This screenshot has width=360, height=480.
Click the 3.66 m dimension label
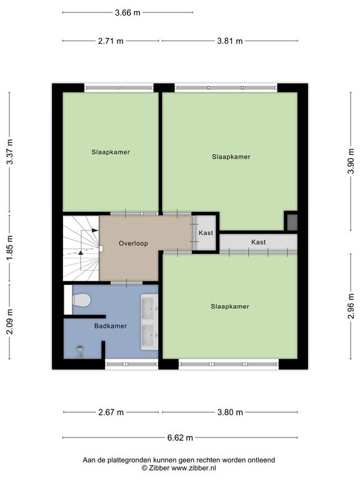[127, 12]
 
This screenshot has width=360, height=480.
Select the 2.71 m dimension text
[111, 41]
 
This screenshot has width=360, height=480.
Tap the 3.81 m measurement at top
[230, 41]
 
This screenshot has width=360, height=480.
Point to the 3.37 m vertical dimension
[10, 151]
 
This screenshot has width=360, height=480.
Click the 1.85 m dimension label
[10, 248]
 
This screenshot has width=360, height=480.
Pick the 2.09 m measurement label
[10, 321]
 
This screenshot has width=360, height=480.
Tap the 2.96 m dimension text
[351, 306]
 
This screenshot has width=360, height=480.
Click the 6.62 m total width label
[180, 437]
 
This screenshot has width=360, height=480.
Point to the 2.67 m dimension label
[111, 412]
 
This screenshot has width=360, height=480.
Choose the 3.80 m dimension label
[230, 412]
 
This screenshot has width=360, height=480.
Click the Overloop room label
[134, 243]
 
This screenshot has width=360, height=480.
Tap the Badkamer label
[111, 326]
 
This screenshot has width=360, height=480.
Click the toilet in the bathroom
[81, 300]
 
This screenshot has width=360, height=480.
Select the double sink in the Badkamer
[149, 322]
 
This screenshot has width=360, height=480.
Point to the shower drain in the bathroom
[80, 348]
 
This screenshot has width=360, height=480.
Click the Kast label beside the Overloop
[206, 233]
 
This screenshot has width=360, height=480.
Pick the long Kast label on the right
[259, 242]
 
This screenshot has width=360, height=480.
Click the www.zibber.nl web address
[194, 467]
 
